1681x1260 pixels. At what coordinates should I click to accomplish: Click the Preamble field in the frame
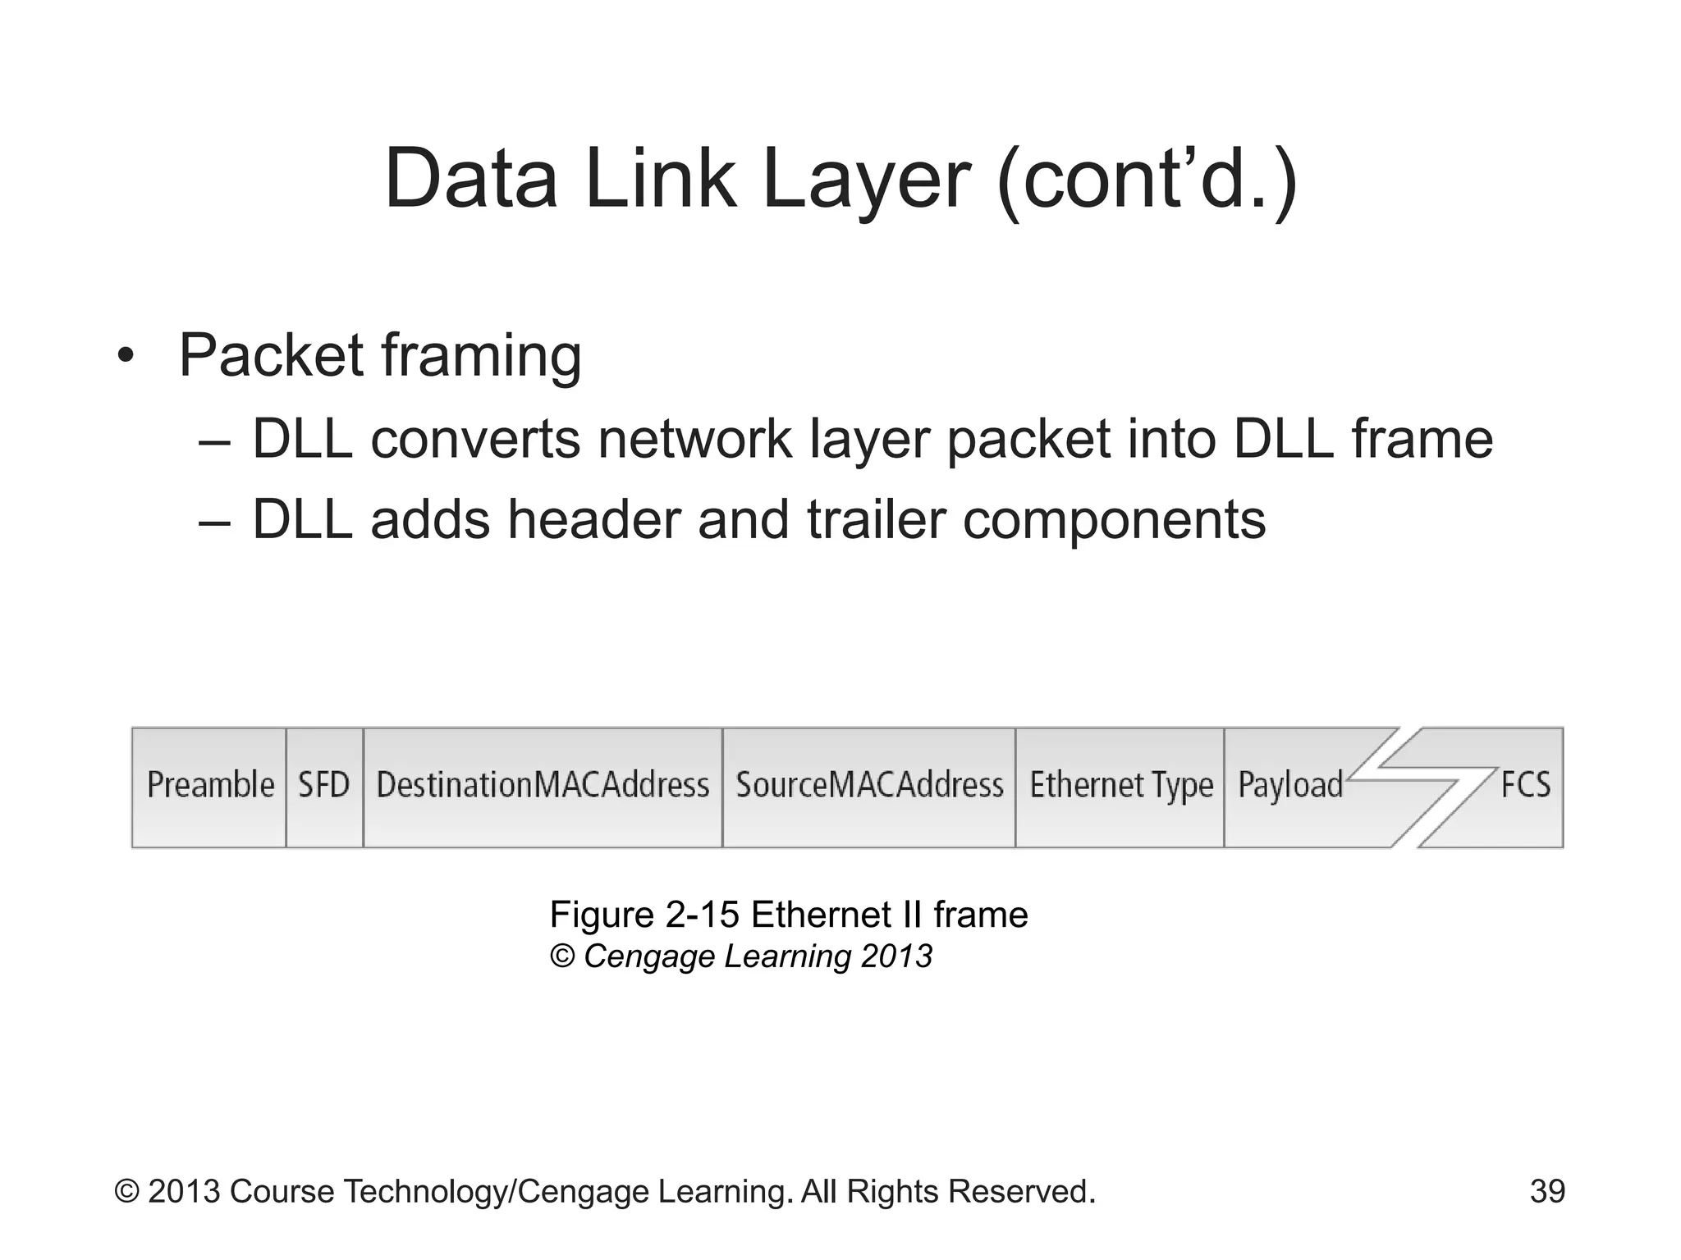coord(210,786)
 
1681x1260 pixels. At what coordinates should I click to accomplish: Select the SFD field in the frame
coord(324,786)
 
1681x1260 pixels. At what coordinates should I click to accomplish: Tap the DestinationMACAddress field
coord(543,786)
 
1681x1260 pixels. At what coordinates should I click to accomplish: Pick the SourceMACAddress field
coord(869,786)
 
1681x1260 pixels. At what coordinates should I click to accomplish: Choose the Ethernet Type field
coord(1120,786)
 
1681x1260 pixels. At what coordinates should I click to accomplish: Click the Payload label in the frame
coord(1290,786)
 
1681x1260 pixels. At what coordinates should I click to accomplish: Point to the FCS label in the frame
coord(1525,785)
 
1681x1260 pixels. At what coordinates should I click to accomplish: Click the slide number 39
coord(1547,1191)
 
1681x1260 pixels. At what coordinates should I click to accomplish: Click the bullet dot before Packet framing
coord(125,357)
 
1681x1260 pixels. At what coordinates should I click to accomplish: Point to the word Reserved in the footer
coord(1021,1191)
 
